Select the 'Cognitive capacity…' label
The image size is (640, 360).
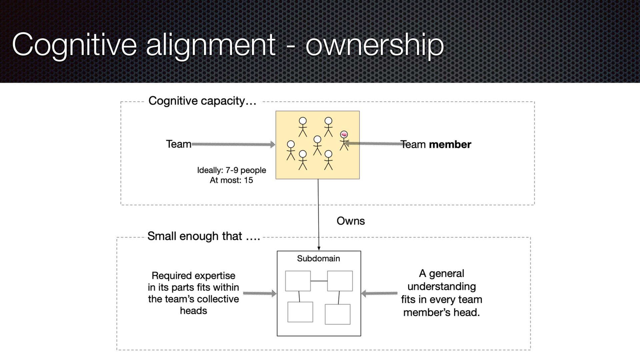202,101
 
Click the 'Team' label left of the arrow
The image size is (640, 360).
179,144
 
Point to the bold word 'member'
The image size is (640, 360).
450,144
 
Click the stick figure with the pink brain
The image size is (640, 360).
344,140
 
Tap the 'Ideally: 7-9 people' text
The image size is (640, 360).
232,170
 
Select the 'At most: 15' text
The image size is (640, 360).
231,180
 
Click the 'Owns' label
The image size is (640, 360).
351,221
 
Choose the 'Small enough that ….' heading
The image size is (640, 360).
204,236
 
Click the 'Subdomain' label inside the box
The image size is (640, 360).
318,258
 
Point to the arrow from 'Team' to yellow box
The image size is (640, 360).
233,144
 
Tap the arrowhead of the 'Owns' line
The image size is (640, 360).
319,248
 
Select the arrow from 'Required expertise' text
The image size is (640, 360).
259,293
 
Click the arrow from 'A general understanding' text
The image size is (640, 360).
379,293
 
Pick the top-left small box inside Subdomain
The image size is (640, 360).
298,281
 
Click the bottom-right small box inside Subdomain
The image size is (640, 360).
337,314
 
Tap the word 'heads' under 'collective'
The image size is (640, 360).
193,311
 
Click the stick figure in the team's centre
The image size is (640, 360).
317,145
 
